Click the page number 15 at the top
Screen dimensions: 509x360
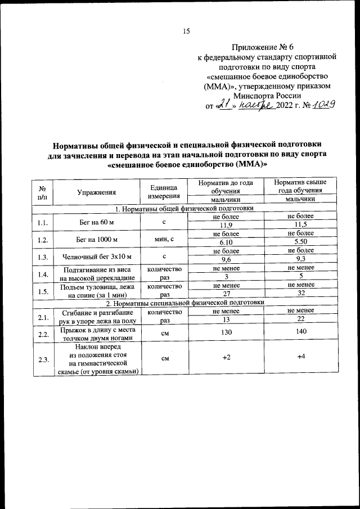pyautogui.click(x=186, y=31)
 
